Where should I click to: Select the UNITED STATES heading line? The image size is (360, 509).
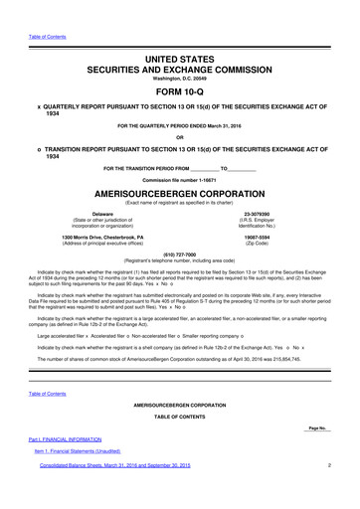(x=179, y=34)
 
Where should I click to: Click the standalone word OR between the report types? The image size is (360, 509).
(x=179, y=137)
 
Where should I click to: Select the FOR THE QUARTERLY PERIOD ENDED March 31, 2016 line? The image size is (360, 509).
(x=179, y=124)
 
